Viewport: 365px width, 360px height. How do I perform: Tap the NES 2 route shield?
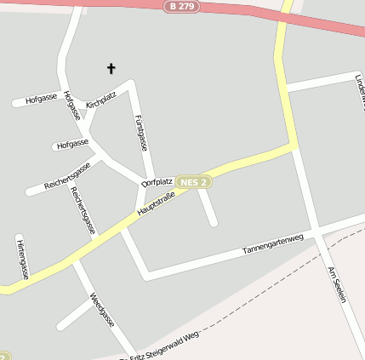[x=195, y=181]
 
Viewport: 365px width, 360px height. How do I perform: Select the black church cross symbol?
[x=110, y=68]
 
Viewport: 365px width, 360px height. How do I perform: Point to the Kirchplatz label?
[x=100, y=100]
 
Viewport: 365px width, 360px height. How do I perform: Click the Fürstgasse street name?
[x=142, y=131]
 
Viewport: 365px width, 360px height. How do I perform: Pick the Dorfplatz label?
[x=157, y=181]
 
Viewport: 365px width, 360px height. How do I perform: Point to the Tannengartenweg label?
[x=272, y=244]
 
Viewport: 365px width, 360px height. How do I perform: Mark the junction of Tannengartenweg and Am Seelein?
[x=315, y=231]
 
